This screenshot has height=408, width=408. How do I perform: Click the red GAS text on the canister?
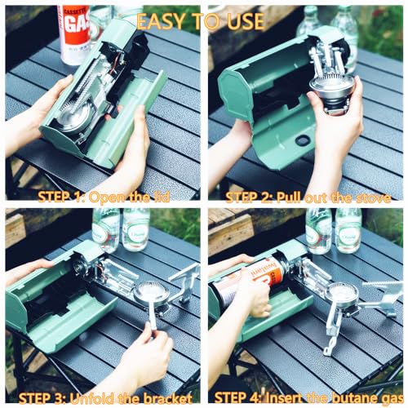point(75,25)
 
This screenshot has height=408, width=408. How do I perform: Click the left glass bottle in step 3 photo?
point(105,228)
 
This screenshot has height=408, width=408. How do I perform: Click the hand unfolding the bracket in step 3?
point(147,351)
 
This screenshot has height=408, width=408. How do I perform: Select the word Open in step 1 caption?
point(111,197)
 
